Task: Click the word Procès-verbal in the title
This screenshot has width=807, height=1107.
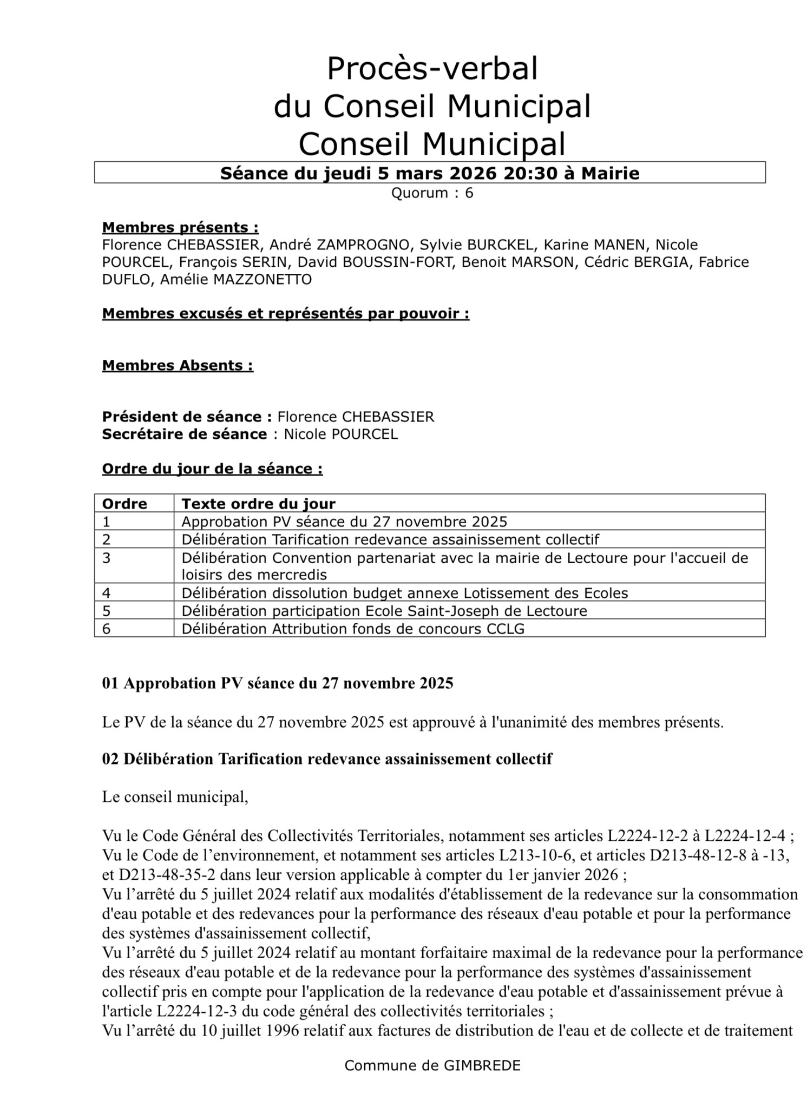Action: coord(432,69)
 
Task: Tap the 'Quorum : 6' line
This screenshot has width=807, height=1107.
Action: coord(432,193)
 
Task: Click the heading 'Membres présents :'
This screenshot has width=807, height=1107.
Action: coord(180,227)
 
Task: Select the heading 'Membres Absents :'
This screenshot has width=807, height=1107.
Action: coord(178,365)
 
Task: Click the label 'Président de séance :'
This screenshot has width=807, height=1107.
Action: coord(187,417)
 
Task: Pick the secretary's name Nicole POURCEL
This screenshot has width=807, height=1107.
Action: coord(341,434)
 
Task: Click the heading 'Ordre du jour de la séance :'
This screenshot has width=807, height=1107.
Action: coord(212,469)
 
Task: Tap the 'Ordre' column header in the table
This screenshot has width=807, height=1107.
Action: coord(124,504)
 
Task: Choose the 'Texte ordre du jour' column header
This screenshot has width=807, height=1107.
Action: coord(258,504)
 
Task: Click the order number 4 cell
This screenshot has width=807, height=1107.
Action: coord(107,593)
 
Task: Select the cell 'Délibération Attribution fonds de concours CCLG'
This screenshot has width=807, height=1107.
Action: coord(353,629)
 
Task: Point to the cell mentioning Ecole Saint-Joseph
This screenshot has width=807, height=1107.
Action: coord(384,611)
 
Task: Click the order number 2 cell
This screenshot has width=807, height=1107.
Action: coord(107,539)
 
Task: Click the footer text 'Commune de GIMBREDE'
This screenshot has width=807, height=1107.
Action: coord(432,1065)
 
